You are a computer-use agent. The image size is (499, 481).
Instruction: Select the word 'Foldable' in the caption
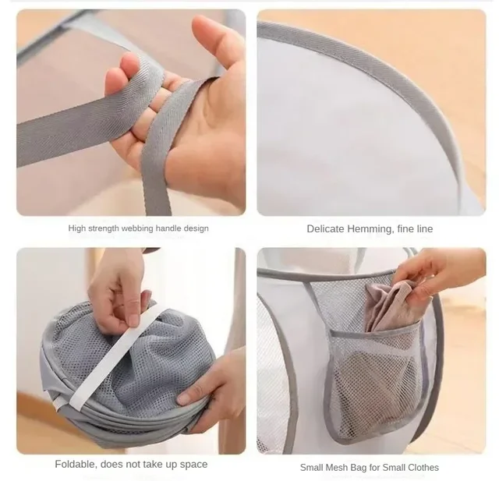[x=76, y=464]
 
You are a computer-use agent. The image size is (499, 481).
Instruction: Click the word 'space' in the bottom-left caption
[x=192, y=464]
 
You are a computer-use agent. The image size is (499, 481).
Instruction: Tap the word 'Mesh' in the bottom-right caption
[x=339, y=467]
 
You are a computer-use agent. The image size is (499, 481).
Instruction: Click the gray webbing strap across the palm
[x=156, y=109]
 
